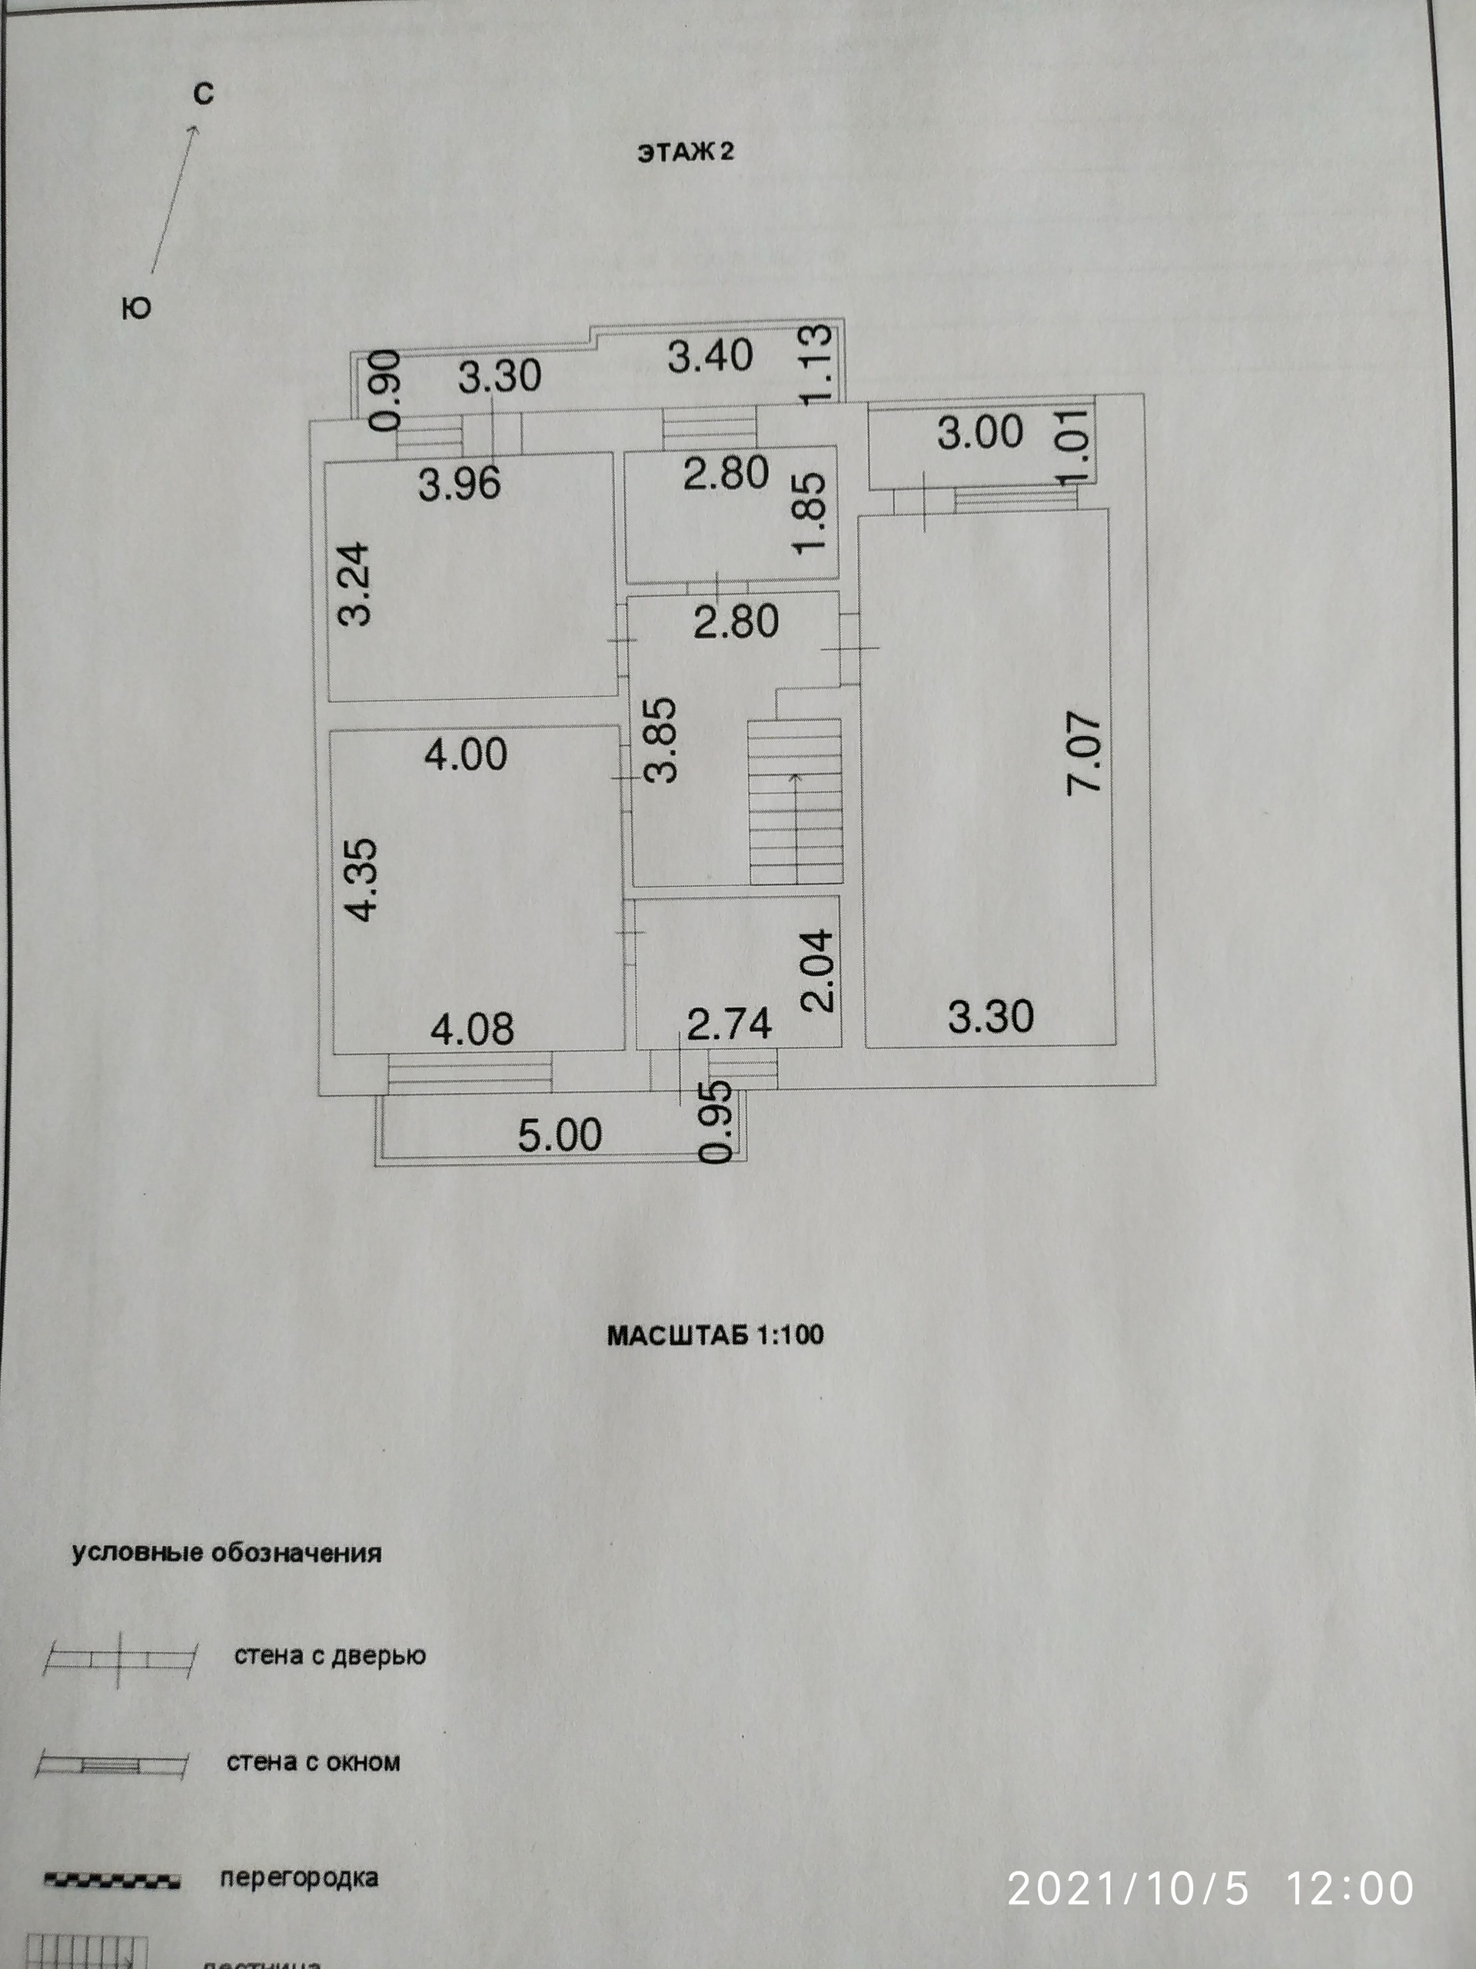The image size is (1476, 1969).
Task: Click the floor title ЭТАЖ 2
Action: [x=685, y=152]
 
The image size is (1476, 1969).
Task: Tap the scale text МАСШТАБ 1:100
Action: [x=715, y=1334]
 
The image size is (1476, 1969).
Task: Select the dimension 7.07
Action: [x=1085, y=752]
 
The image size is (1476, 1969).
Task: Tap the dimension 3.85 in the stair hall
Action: [x=662, y=741]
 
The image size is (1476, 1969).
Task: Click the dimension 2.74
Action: [x=729, y=1024]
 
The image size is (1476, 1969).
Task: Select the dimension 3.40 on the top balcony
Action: [x=710, y=356]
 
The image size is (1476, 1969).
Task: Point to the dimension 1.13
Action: [x=816, y=365]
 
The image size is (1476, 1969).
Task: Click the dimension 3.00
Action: [x=979, y=432]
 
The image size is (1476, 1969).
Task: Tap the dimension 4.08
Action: [x=473, y=1030]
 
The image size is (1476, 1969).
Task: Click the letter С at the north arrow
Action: [x=204, y=94]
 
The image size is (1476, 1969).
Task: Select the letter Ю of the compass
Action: [x=136, y=309]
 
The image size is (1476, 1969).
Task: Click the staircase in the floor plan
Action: [x=794, y=801]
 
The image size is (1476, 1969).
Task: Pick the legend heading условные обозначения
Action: [x=226, y=1554]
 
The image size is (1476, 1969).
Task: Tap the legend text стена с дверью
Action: [x=330, y=1656]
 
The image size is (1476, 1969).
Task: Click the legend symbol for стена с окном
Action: [x=112, y=1764]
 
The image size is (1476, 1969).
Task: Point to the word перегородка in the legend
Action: [x=299, y=1878]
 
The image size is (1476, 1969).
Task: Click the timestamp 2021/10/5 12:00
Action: [x=1210, y=1889]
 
